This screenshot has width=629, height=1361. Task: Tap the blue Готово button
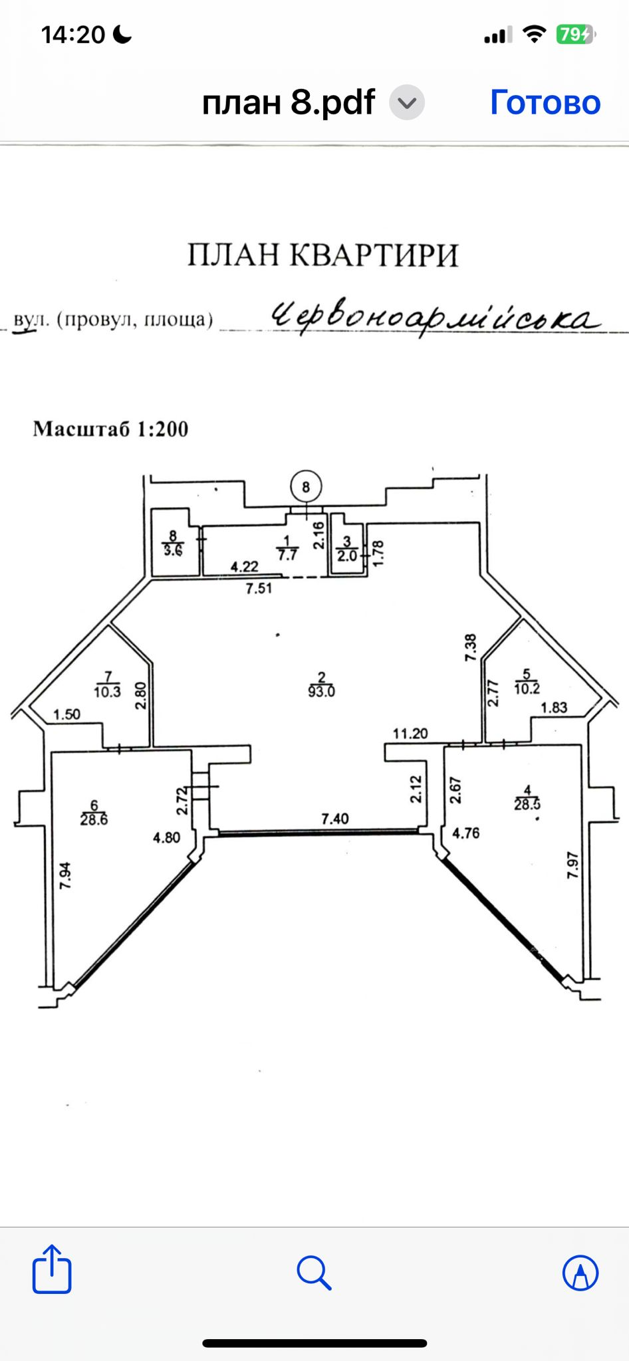point(545,102)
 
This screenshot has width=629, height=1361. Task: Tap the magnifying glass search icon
point(314,1272)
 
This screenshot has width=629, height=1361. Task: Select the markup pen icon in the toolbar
point(580,1272)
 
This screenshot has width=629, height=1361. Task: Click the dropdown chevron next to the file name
point(406,103)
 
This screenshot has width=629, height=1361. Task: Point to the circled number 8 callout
point(306,487)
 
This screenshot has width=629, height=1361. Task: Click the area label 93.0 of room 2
point(322,691)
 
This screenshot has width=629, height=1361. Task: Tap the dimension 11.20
point(410,734)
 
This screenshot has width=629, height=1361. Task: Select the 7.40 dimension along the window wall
point(335,819)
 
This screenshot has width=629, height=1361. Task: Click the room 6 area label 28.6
point(94,819)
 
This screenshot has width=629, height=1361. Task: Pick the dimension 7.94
point(65,876)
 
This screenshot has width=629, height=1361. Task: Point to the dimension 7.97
point(572,865)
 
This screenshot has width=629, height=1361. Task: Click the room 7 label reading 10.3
point(107,691)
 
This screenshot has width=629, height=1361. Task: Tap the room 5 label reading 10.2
point(527,688)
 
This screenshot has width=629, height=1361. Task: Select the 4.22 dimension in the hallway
point(244,567)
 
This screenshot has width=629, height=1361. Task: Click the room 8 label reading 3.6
point(173,550)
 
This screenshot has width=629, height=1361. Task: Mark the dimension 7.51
point(259,588)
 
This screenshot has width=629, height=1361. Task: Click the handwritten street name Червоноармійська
point(435,319)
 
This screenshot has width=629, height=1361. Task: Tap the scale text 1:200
point(163,429)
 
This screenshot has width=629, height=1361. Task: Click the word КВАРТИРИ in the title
point(374,255)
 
